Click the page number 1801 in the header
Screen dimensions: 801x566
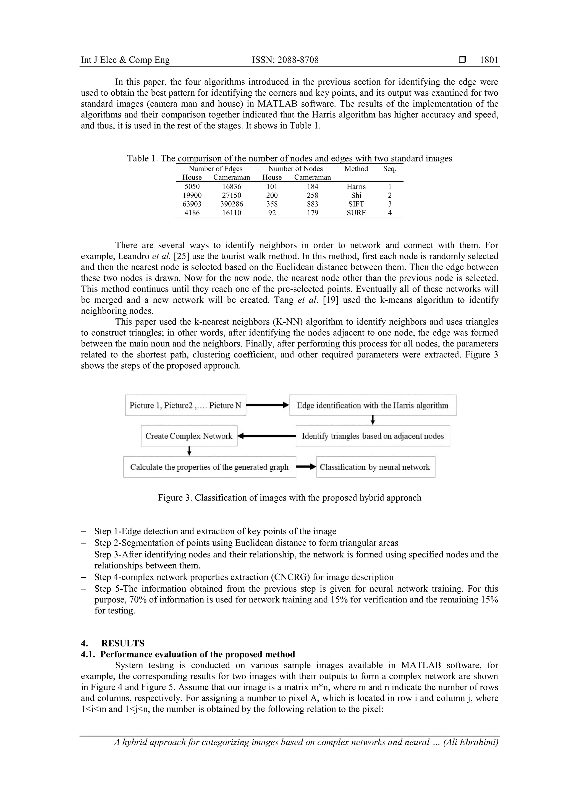pyautogui.click(x=489, y=60)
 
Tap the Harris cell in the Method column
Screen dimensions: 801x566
pyautogui.click(x=356, y=187)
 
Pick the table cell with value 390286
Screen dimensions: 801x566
pyautogui.click(x=232, y=204)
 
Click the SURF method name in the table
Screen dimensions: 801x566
pyautogui.click(x=356, y=213)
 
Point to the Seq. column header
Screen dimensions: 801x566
pyautogui.click(x=389, y=169)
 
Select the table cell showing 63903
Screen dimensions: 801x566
pyautogui.click(x=192, y=204)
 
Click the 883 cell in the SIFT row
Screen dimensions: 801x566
pyautogui.click(x=313, y=204)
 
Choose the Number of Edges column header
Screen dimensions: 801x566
pyautogui.click(x=215, y=169)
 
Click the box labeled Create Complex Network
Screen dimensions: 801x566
pyautogui.click(x=189, y=436)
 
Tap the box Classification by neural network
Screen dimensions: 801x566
pyautogui.click(x=375, y=467)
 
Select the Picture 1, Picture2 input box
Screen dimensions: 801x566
pyautogui.click(x=185, y=405)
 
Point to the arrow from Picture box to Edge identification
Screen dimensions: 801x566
pyautogui.click(x=268, y=405)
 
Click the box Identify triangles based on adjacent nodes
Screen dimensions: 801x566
pyautogui.click(x=373, y=436)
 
